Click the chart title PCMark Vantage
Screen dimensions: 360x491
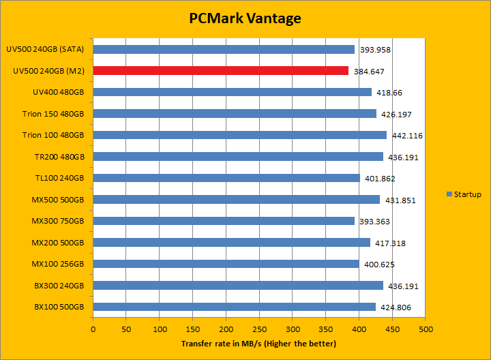245,18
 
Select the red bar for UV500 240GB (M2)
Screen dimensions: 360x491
220,71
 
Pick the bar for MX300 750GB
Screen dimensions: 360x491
224,221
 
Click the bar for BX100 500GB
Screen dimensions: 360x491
234,307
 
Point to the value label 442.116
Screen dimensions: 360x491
406,136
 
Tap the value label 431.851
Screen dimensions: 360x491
400,200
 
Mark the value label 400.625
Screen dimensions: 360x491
379,265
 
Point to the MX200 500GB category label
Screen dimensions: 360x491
58,243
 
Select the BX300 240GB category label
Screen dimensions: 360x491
59,286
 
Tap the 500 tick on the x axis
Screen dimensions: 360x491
426,330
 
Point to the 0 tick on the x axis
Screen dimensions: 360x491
93,330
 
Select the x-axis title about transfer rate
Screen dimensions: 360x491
258,344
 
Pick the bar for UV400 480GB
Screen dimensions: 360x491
232,92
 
